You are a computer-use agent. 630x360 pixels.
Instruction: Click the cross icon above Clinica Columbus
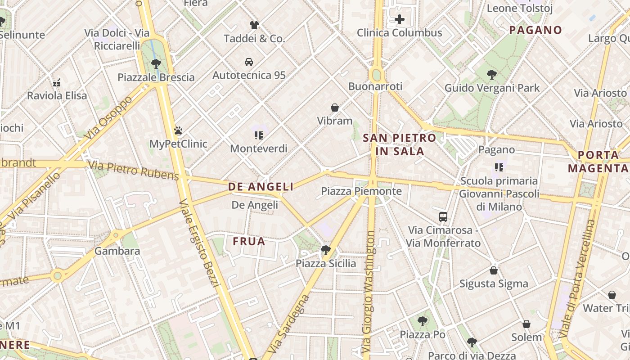(400, 19)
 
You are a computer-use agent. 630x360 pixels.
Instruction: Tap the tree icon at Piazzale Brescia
(156, 63)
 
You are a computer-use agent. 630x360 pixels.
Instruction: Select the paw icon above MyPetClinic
(178, 131)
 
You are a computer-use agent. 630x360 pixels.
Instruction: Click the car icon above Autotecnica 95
(249, 62)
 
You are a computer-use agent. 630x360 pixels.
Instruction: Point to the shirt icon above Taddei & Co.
(254, 25)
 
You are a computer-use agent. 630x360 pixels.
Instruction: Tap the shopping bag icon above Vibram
(335, 108)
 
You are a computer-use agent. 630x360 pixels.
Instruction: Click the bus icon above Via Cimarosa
(443, 217)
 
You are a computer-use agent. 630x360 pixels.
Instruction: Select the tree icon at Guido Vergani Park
(492, 75)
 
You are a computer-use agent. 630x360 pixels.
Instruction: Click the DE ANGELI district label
(261, 187)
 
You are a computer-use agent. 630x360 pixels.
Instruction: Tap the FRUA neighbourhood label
(249, 242)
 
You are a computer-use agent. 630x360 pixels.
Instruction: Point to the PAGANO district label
(535, 30)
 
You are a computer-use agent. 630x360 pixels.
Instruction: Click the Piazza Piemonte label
(361, 191)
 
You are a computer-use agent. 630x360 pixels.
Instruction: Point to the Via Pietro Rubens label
(134, 171)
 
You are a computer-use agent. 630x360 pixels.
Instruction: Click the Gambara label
(117, 251)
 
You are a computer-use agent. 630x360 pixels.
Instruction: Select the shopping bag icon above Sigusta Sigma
(494, 270)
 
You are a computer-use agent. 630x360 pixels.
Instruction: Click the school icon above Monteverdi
(258, 135)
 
